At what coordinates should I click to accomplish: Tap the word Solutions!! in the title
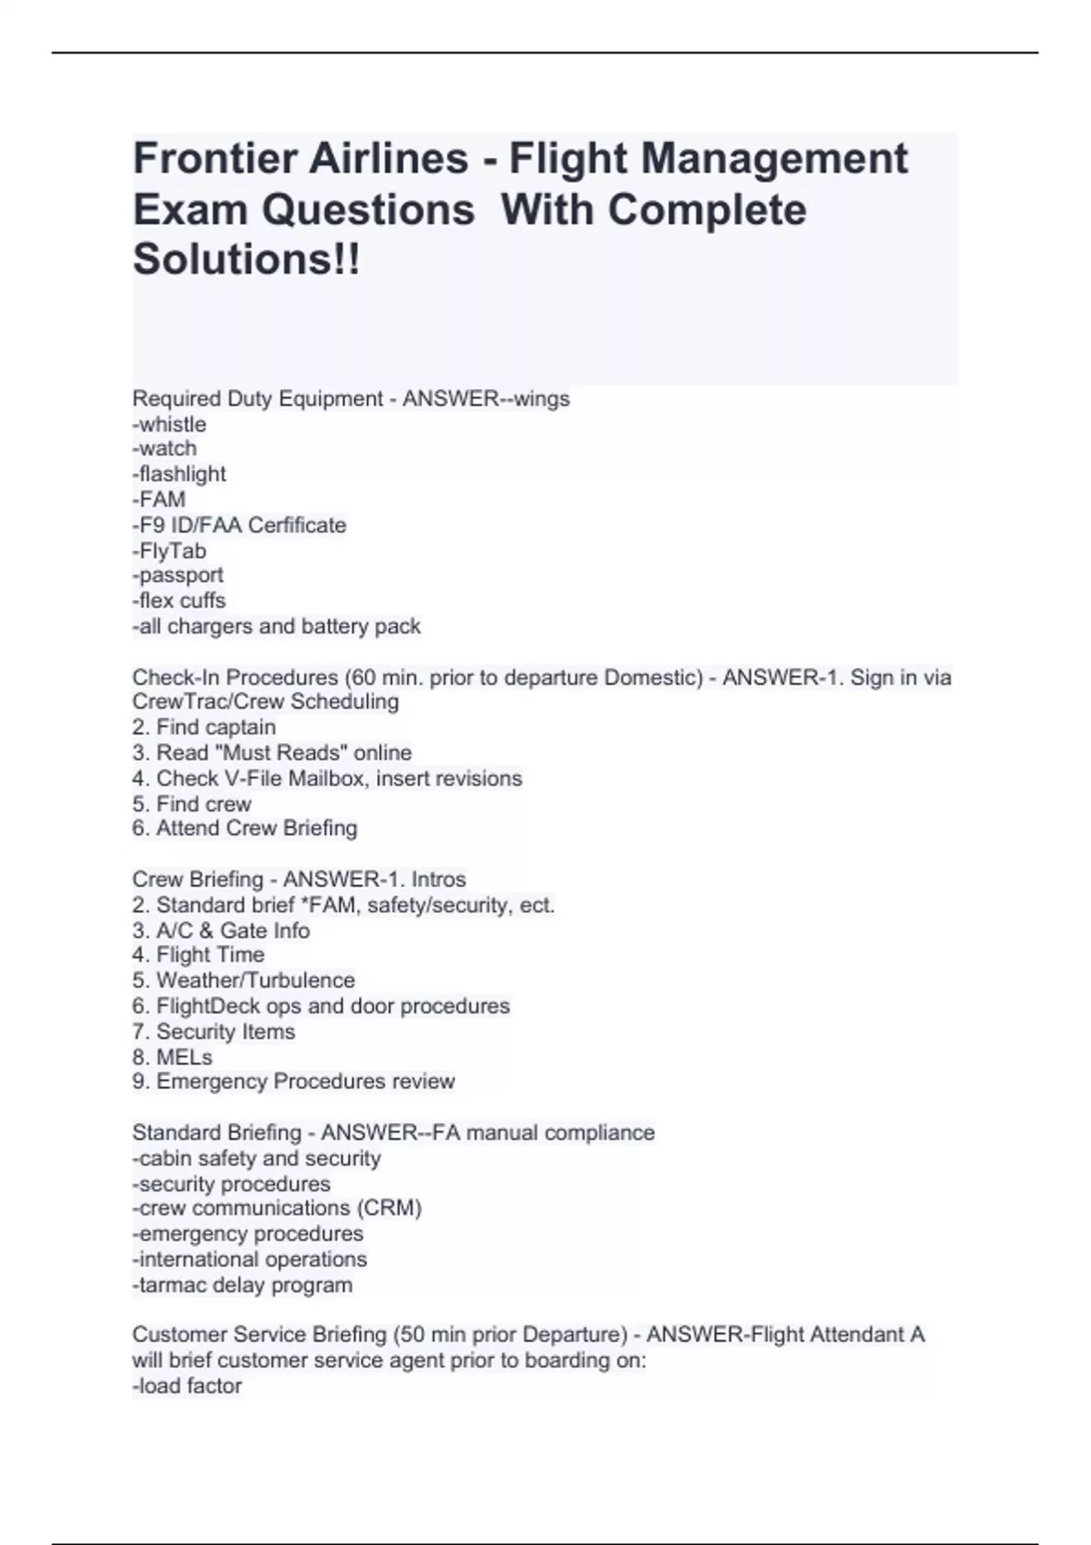click(x=246, y=260)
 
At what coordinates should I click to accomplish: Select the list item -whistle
click(x=170, y=424)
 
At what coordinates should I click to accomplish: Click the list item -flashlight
click(x=179, y=474)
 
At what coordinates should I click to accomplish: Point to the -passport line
click(x=178, y=575)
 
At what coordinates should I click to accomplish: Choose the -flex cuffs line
click(x=179, y=601)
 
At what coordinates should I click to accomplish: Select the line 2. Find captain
click(x=204, y=727)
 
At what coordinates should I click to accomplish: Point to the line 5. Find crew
click(x=191, y=803)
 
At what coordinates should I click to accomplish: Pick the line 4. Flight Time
click(x=198, y=955)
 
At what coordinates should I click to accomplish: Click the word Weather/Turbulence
click(x=255, y=981)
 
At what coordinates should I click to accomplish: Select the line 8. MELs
click(x=172, y=1057)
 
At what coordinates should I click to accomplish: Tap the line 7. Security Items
click(x=214, y=1032)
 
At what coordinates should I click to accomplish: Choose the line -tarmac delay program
click(x=242, y=1285)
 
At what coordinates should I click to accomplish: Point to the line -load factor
click(x=187, y=1386)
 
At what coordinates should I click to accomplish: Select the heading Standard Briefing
click(x=216, y=1133)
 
